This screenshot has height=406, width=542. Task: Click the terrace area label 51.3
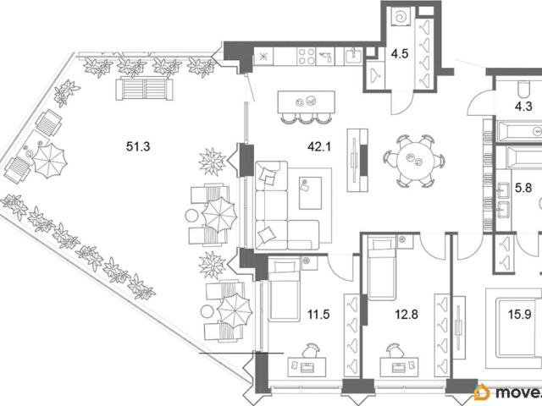138,146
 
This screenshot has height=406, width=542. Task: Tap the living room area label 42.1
319,146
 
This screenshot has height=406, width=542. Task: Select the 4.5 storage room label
400,53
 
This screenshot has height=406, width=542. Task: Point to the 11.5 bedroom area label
318,314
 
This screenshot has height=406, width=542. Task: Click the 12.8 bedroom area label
406,314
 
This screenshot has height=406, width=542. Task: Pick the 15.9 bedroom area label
519,314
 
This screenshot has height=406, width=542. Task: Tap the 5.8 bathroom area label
523,188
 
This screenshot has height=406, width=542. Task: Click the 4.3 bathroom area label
523,107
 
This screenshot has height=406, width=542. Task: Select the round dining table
414,161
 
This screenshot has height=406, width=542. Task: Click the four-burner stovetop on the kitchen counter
307,56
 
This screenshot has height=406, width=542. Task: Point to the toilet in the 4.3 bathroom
523,88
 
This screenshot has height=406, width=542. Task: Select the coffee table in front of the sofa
310,193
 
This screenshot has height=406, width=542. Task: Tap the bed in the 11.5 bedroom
285,290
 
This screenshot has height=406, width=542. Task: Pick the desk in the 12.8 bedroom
399,366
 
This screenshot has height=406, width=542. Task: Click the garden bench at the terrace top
144,89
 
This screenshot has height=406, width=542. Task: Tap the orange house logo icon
482,392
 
